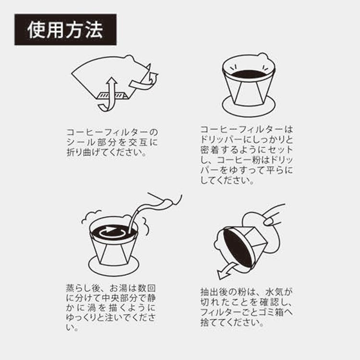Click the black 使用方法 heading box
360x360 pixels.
(x=65, y=29)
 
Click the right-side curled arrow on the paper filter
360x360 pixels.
(x=149, y=82)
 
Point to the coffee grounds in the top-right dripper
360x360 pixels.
(x=249, y=74)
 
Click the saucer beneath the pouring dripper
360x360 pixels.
(x=113, y=263)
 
